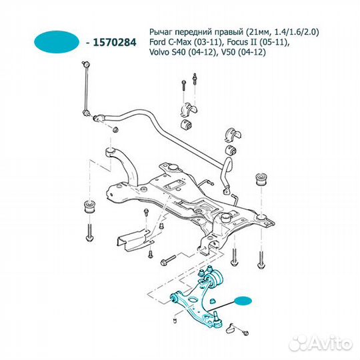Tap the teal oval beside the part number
[56, 41]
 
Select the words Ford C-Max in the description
[171, 43]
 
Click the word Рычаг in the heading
[162, 31]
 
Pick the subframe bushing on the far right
[263, 180]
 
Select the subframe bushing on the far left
[89, 207]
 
